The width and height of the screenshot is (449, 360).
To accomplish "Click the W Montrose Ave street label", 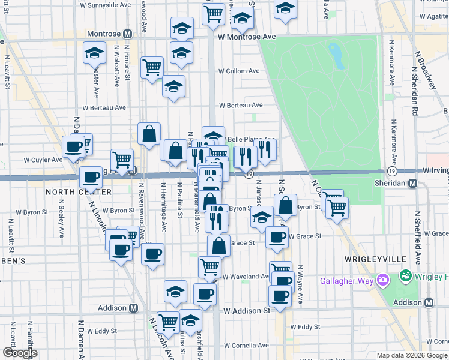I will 246,37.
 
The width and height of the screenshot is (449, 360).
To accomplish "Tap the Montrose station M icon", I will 128,34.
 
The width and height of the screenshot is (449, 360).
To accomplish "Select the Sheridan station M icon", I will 413,184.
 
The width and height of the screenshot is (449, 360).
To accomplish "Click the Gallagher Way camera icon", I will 382,280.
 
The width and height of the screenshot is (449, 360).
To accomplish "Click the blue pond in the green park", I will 336,56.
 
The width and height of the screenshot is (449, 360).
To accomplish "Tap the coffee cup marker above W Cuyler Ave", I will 74,147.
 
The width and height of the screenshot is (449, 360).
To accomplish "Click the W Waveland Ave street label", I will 246,277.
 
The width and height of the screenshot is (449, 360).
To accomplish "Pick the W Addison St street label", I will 247,311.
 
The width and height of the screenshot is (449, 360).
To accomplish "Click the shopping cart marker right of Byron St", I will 337,208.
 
